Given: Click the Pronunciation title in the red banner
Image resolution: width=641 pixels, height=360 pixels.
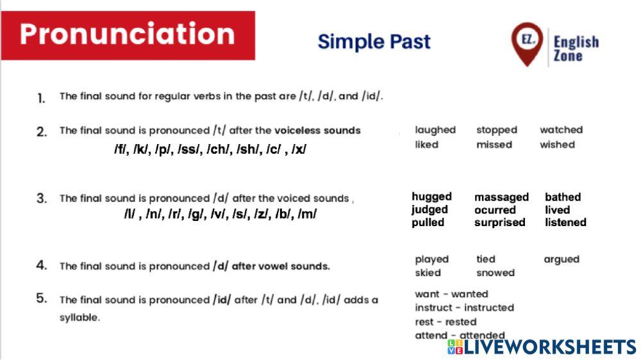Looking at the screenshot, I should (x=127, y=34).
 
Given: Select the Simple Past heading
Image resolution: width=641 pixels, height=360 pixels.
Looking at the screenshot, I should (x=374, y=42).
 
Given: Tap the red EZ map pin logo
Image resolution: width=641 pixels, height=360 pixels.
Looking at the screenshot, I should (x=527, y=42).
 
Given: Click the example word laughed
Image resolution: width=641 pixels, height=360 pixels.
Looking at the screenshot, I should (x=435, y=130).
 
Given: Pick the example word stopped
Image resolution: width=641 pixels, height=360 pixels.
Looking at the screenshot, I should (x=496, y=130).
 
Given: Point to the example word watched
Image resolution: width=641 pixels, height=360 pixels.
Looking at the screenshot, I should (x=561, y=130).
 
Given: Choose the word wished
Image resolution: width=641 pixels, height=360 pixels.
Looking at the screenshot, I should (x=557, y=145).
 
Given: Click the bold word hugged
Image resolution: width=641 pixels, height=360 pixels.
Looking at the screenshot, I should (x=431, y=197).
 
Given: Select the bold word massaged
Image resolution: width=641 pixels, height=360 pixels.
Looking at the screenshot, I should (x=501, y=197).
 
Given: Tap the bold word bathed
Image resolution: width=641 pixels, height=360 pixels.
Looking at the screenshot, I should (x=563, y=197).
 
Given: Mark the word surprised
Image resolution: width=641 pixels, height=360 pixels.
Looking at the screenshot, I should (x=499, y=223).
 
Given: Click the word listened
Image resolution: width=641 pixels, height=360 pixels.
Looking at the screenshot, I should (x=565, y=223).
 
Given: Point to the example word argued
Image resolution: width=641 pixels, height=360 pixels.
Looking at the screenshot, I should (x=561, y=259).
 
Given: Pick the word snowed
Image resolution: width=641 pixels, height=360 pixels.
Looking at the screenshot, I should (x=495, y=273).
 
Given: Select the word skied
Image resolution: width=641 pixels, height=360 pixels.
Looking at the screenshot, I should (x=428, y=273).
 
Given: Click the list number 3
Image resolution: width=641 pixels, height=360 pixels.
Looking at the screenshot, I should (x=42, y=199).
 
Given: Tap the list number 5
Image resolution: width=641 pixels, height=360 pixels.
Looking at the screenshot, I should (x=42, y=298).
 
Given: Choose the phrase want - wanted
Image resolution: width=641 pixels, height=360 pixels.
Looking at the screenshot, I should (x=451, y=294).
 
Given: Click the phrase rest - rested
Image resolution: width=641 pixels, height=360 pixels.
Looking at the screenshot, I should (x=445, y=322).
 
